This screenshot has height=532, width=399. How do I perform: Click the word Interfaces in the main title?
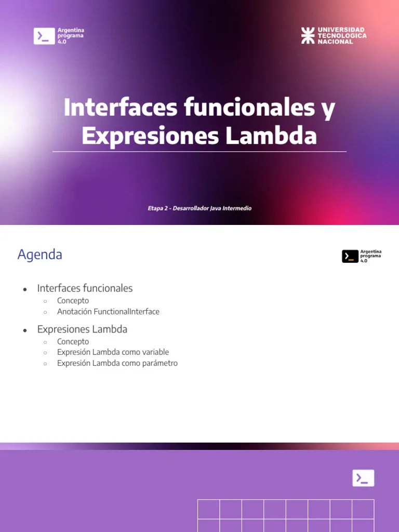[x=120, y=108]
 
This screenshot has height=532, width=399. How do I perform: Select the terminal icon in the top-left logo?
[x=44, y=36]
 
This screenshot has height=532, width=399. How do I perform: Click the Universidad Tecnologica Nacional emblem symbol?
[x=308, y=35]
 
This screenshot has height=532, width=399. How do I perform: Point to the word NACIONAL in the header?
[x=335, y=42]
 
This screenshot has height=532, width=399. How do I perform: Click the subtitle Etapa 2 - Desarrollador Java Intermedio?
[x=199, y=208]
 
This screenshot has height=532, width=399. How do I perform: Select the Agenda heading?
[x=40, y=255]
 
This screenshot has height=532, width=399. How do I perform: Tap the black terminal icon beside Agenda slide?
[x=350, y=256]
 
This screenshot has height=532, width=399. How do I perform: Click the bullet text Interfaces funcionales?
[x=85, y=288]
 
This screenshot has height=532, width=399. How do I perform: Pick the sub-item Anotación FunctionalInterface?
[x=108, y=312]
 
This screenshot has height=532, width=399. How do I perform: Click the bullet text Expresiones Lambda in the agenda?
[x=82, y=329]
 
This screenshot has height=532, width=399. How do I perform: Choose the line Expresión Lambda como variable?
[x=113, y=352]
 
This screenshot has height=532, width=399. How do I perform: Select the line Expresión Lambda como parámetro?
[x=117, y=363]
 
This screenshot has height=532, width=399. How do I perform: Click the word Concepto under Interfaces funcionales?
[x=73, y=301]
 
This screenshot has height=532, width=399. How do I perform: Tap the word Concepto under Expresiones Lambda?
[x=73, y=341]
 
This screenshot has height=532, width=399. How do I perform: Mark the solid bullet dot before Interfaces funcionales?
[x=24, y=289]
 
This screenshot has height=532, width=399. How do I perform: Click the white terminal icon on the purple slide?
[x=363, y=478]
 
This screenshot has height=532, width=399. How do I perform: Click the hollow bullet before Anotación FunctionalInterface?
[x=45, y=312]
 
